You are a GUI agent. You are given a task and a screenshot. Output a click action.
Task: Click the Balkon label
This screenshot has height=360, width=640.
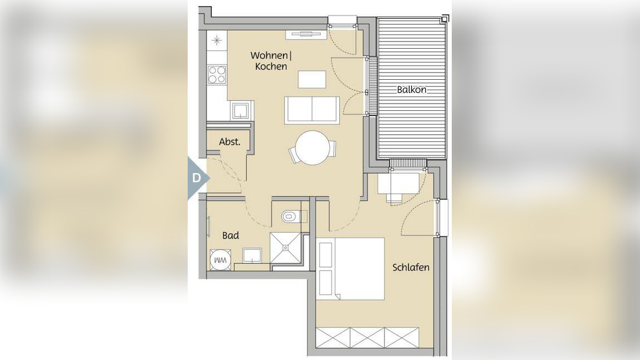pos(411,89)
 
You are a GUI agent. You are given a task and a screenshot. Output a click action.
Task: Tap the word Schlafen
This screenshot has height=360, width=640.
pos(411,268)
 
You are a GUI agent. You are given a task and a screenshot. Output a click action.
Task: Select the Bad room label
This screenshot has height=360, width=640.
pos(230,235)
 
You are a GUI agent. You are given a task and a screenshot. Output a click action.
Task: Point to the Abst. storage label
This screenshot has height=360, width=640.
pos(229,142)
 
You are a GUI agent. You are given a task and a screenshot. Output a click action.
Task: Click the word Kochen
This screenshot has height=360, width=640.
pos(271,66)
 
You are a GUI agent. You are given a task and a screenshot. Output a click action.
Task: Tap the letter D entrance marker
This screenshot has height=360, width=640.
pos(197,178)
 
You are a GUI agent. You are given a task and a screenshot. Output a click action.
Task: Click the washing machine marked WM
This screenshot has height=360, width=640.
pos(220,260)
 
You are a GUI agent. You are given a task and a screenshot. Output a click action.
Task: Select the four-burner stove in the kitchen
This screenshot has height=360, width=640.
pos(217,75)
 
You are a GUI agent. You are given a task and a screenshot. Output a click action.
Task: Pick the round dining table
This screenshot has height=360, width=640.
pos(312,147)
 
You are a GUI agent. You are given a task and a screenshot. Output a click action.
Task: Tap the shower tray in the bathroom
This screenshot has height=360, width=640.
pos(286,248)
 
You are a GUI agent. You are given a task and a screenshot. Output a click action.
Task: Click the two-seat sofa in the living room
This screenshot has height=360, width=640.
pos(312,110)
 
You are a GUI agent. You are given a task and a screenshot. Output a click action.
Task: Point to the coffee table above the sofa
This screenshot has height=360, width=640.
pos(312,79)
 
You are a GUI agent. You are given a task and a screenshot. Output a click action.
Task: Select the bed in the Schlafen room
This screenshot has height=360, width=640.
pos(350,269)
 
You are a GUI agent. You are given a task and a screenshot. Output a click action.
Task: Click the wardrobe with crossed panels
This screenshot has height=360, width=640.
pos(368,337)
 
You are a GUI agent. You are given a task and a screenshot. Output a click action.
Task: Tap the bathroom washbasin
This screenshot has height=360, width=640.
pos(252,255)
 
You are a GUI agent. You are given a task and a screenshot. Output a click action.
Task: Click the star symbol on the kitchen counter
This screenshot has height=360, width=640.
pos(217,40)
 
